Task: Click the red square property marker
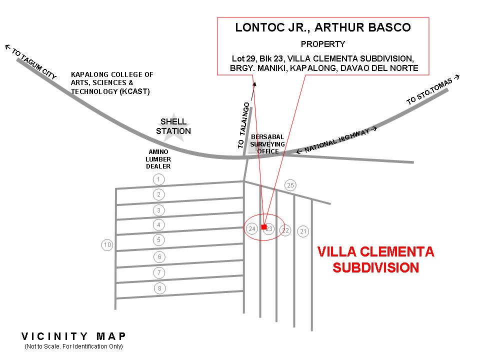264,227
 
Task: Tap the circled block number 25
290,185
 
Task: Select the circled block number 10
107,245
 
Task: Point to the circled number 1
158,179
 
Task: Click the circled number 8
159,288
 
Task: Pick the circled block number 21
303,231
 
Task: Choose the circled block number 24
252,229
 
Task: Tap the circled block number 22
285,230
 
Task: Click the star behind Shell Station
173,126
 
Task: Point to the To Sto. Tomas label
432,90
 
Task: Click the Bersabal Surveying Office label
267,144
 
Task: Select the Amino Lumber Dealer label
158,159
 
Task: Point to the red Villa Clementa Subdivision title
376,259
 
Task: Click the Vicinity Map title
74,336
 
